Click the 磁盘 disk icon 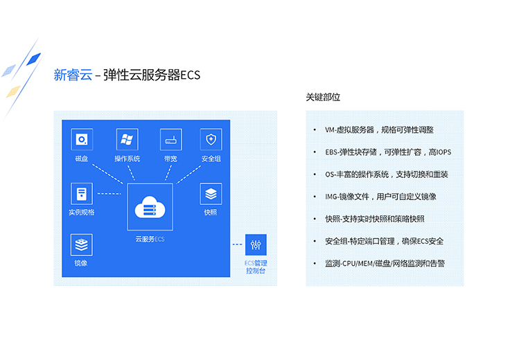(82, 139)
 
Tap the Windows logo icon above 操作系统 (127, 139)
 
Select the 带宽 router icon (170, 139)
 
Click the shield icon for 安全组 (211, 139)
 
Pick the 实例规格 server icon (82, 194)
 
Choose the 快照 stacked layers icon (211, 194)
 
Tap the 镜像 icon (81, 244)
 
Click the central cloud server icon (150, 206)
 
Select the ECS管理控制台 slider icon (256, 244)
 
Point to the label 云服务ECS (150, 239)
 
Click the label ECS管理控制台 (256, 267)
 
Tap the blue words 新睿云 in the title (73, 75)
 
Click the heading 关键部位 (323, 97)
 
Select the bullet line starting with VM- (379, 130)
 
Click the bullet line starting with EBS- (388, 152)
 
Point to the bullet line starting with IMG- (380, 197)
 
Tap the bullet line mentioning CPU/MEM (385, 263)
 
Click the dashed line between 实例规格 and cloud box (109, 194)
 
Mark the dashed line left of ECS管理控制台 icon (238, 244)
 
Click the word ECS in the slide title (191, 75)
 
